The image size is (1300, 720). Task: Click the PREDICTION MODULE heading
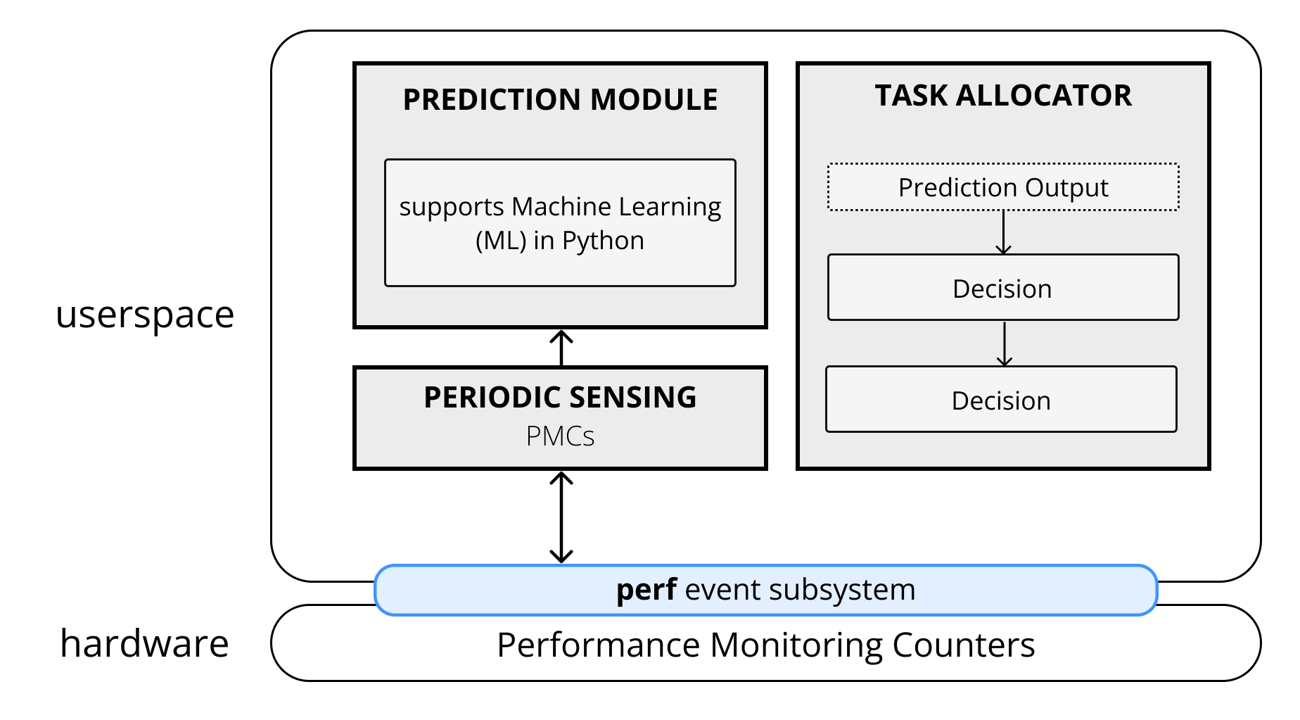click(x=560, y=100)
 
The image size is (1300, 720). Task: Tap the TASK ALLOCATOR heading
click(x=1003, y=96)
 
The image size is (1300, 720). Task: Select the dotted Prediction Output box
click(x=1003, y=187)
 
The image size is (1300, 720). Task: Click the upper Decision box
click(x=1002, y=289)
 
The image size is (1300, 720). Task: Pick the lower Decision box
click(x=1001, y=400)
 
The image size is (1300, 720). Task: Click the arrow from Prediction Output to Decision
click(x=1004, y=233)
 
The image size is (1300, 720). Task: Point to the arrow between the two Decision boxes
click(x=1005, y=344)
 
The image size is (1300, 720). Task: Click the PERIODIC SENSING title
click(x=560, y=398)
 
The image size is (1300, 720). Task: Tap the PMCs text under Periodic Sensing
click(x=560, y=436)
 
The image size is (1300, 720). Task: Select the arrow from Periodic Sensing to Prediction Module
click(x=561, y=348)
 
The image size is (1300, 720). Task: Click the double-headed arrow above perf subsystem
click(x=561, y=517)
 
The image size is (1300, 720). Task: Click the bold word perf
click(x=646, y=590)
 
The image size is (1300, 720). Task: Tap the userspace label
click(x=145, y=315)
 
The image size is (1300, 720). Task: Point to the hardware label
click(x=145, y=643)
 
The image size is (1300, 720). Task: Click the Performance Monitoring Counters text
click(x=765, y=645)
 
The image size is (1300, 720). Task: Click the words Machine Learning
click(x=616, y=207)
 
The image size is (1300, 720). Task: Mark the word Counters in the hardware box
click(x=964, y=645)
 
